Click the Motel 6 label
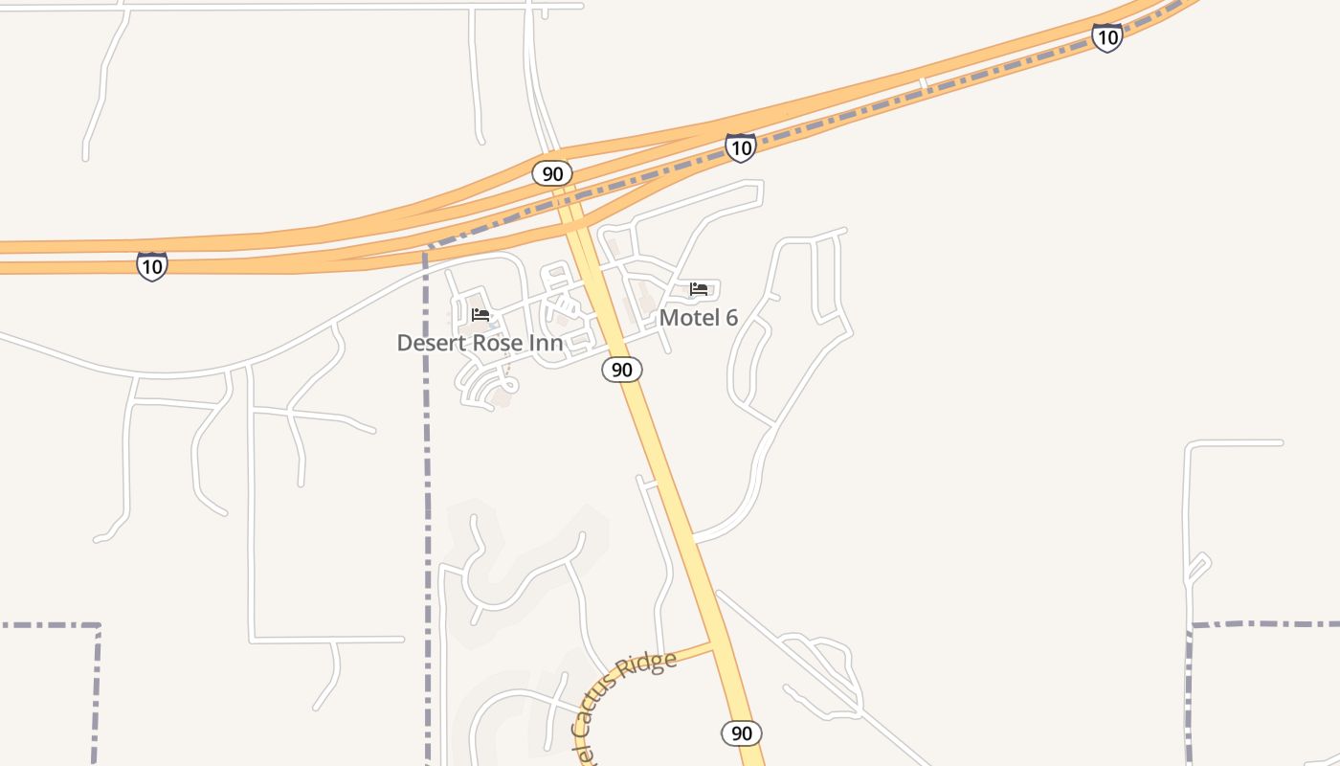click(699, 318)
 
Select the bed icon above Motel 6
click(699, 288)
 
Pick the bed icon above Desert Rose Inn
click(480, 314)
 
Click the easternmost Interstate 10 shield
click(1106, 38)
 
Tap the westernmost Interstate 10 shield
click(151, 266)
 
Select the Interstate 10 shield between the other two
click(740, 147)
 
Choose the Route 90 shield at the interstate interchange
click(552, 173)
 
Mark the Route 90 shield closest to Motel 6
click(622, 370)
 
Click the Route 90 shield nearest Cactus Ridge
click(741, 733)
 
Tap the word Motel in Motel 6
click(688, 318)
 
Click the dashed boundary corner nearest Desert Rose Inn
click(427, 251)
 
